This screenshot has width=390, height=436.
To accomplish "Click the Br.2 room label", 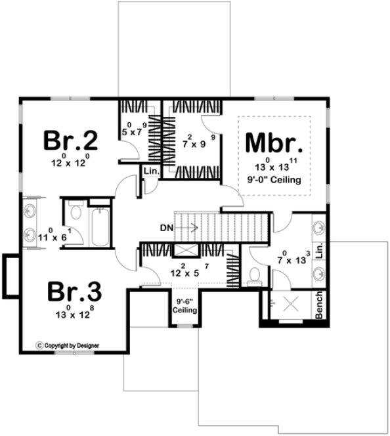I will click(71, 140).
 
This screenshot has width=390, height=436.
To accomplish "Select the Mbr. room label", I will click(274, 142).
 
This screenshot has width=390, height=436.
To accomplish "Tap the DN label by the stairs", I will click(167, 228).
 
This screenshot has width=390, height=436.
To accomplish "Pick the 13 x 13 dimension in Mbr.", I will click(274, 166).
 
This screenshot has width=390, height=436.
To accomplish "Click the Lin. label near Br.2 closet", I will click(149, 171).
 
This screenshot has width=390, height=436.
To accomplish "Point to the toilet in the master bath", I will click(255, 274).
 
